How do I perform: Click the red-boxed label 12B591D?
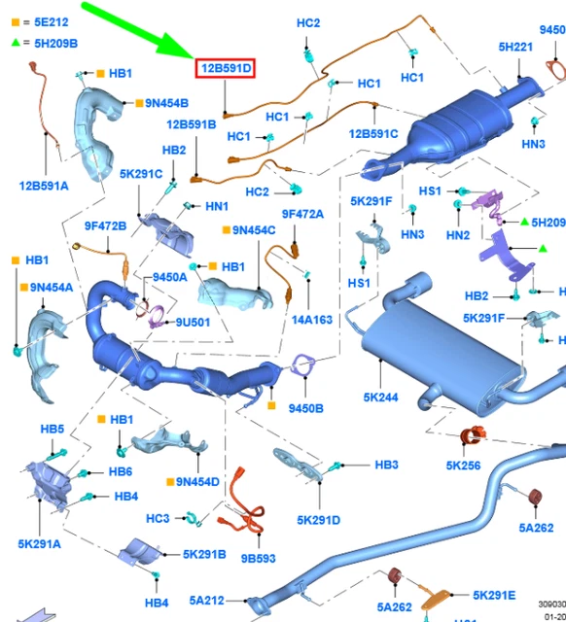click(x=225, y=68)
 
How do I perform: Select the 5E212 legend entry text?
click(x=52, y=22)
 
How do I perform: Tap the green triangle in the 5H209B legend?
click(x=16, y=42)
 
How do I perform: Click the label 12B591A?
click(x=44, y=186)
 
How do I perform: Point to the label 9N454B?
click(x=166, y=103)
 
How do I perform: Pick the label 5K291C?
click(x=141, y=174)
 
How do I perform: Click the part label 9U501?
click(x=193, y=322)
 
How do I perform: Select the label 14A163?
click(x=312, y=320)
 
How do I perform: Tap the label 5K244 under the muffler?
click(x=380, y=397)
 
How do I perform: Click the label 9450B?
click(x=305, y=408)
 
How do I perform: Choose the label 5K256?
click(x=463, y=466)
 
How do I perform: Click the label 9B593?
click(x=258, y=558)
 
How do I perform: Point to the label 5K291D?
click(x=318, y=520)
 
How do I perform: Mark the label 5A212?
click(x=207, y=601)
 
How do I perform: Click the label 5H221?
click(x=515, y=48)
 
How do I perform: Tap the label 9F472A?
click(x=302, y=214)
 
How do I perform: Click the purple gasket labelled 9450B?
click(x=303, y=365)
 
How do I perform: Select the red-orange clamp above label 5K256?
click(x=473, y=435)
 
